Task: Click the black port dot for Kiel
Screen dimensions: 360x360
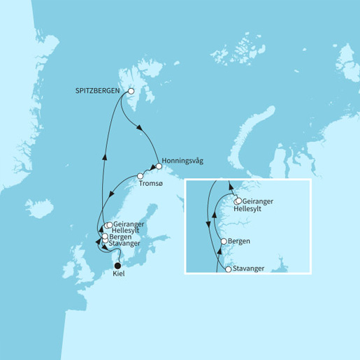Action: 117,265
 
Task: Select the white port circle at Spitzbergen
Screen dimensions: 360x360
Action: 130,91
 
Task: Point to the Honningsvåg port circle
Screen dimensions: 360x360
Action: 159,167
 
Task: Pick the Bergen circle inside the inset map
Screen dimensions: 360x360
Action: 223,242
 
